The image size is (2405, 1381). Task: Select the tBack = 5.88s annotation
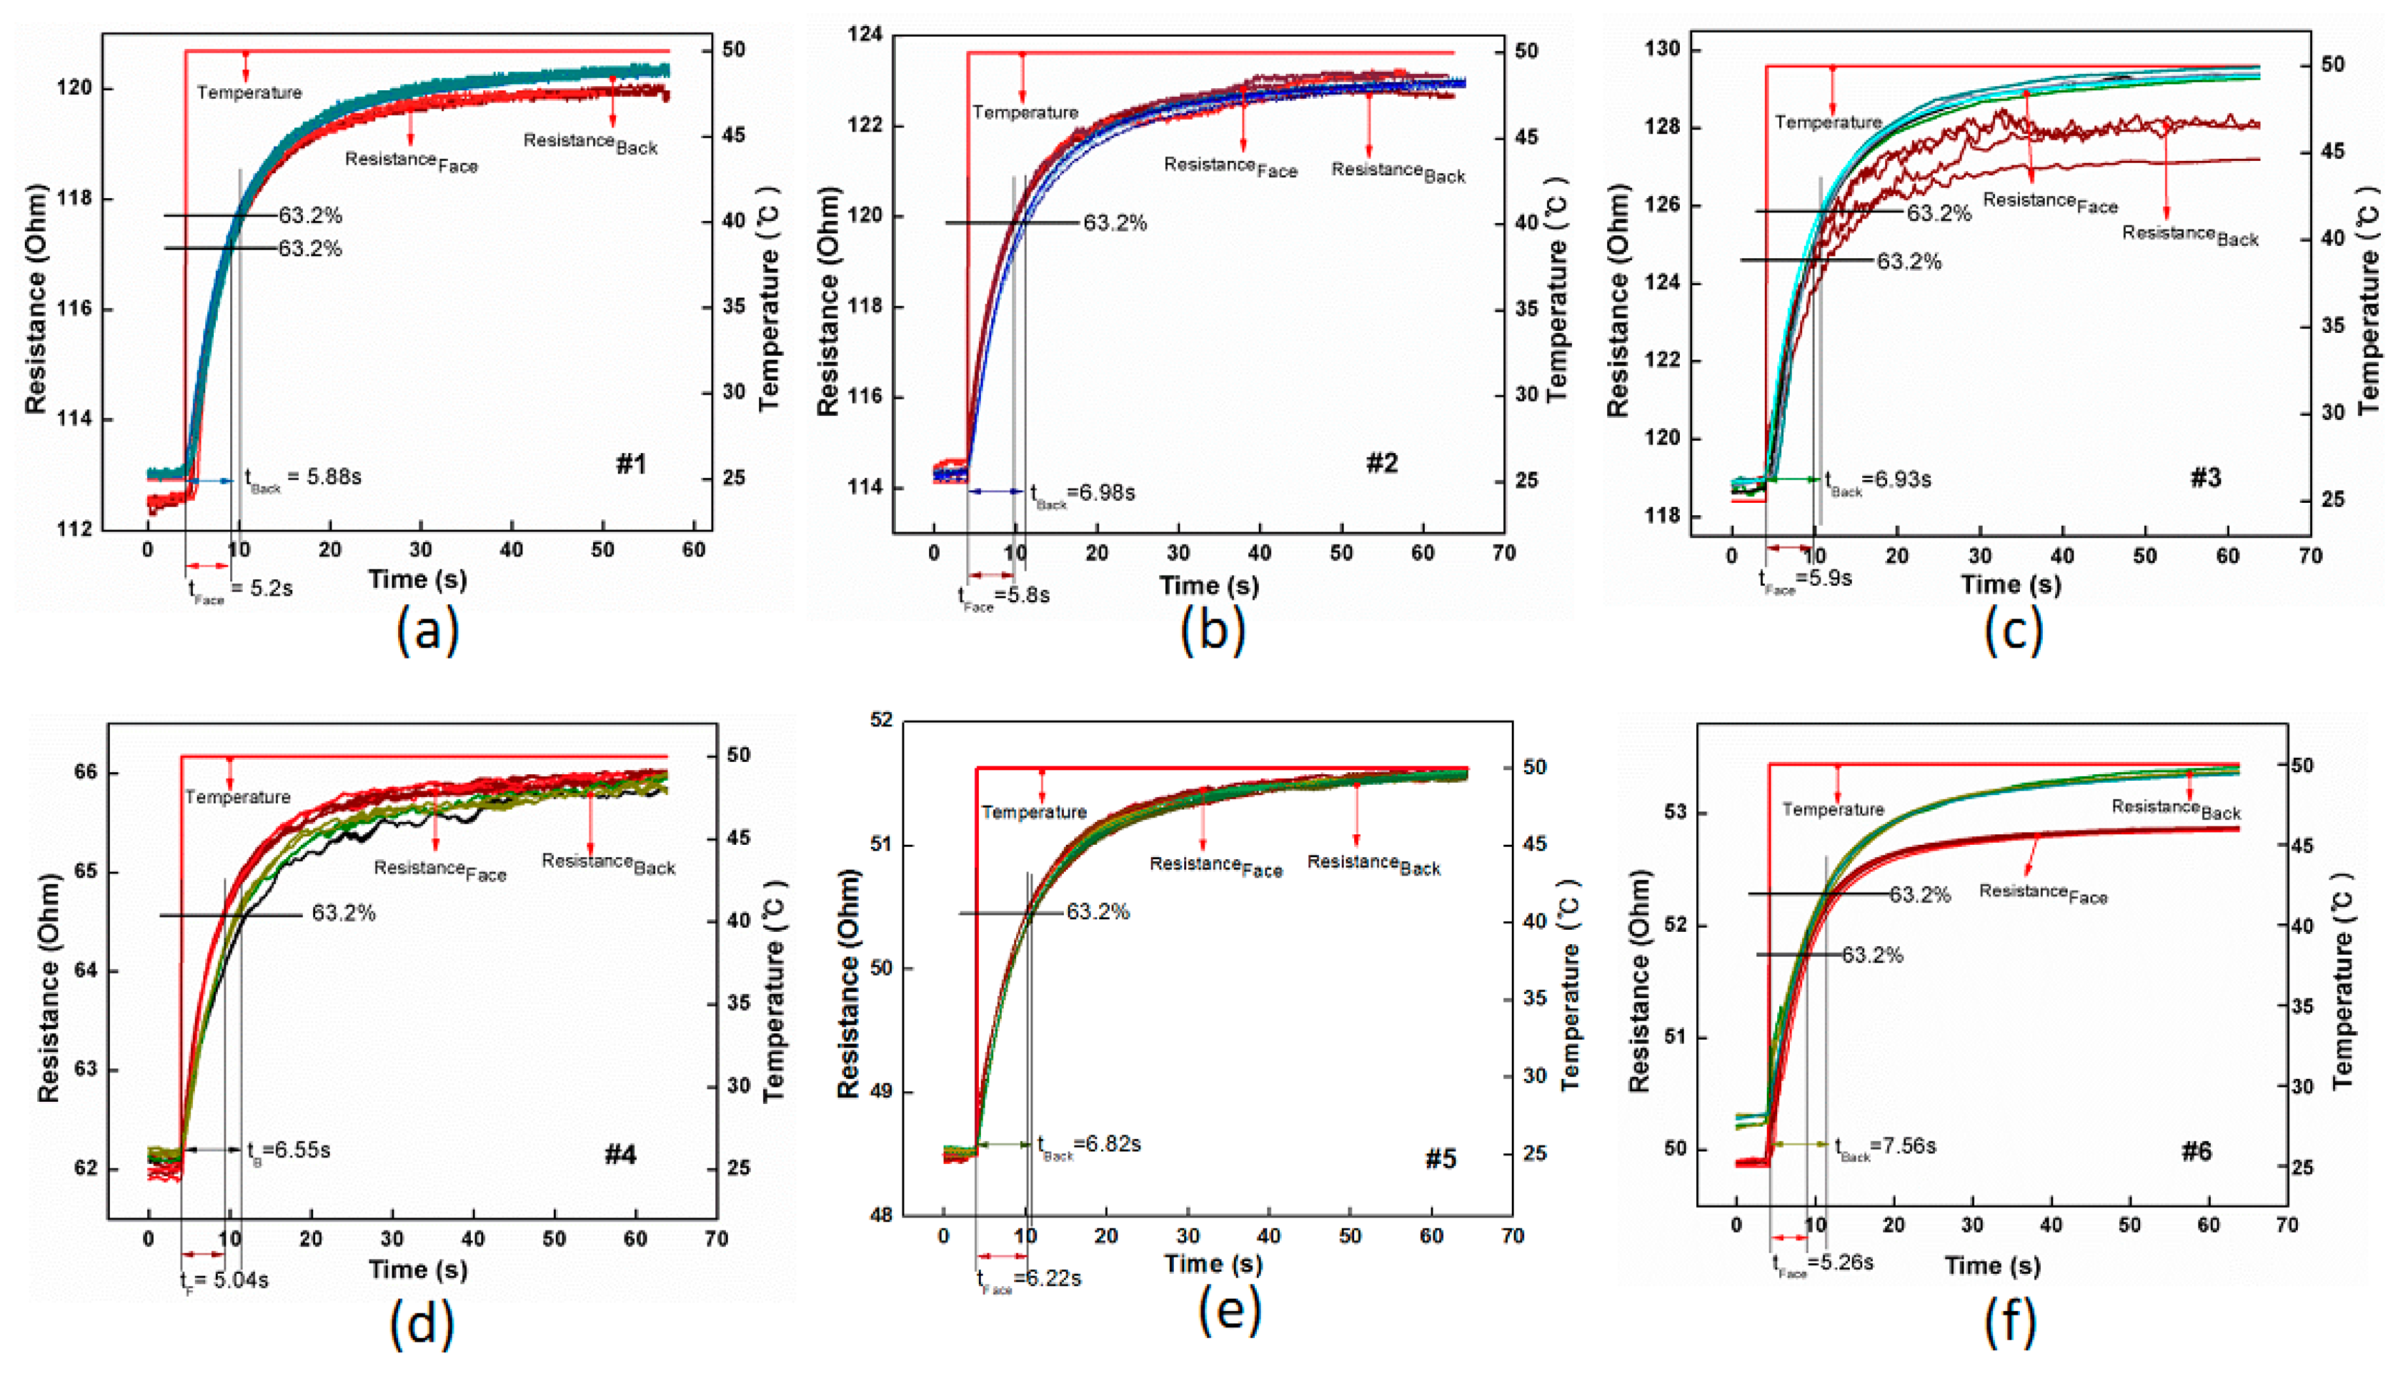tap(303, 478)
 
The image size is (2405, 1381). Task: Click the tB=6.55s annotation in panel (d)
tap(288, 1151)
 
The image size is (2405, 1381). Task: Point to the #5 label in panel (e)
tap(1440, 1159)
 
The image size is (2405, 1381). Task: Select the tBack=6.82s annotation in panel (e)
tap(1089, 1146)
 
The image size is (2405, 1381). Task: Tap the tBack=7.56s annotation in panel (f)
tap(1885, 1148)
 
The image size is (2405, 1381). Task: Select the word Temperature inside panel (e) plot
tap(1034, 813)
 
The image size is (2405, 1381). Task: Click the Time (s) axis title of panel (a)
tap(417, 579)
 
